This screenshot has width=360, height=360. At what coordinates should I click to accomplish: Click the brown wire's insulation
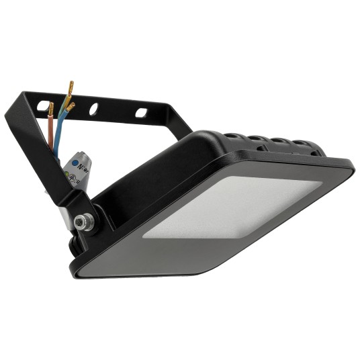coord(50,131)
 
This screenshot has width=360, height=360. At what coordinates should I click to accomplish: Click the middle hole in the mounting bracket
coord(95,107)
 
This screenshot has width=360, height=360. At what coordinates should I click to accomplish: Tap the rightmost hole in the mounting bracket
coord(142,112)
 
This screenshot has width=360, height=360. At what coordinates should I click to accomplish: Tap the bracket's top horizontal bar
coord(121,110)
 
